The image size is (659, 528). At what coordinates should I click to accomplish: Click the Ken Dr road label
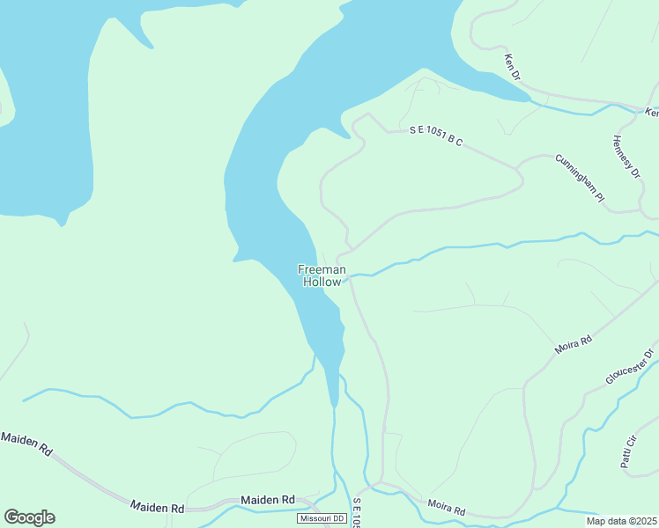[x=512, y=68]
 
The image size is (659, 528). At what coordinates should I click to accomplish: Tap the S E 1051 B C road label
[x=436, y=136]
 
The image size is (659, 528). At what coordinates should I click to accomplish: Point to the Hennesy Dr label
[x=626, y=157]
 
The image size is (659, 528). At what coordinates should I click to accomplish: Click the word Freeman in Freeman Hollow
[x=322, y=270]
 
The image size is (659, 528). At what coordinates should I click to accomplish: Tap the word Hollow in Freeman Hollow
[x=322, y=282]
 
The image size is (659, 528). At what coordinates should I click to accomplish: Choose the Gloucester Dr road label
[x=630, y=367]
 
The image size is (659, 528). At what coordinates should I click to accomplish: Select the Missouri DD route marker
[x=321, y=518]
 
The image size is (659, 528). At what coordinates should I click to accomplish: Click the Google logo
[x=29, y=517]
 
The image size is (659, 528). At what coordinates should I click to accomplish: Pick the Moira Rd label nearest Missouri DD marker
[x=446, y=508]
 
